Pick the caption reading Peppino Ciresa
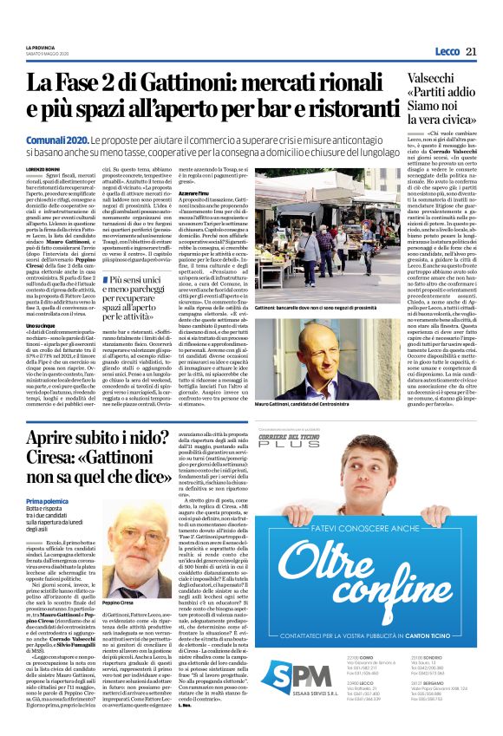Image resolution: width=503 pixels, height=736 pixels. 116,577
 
